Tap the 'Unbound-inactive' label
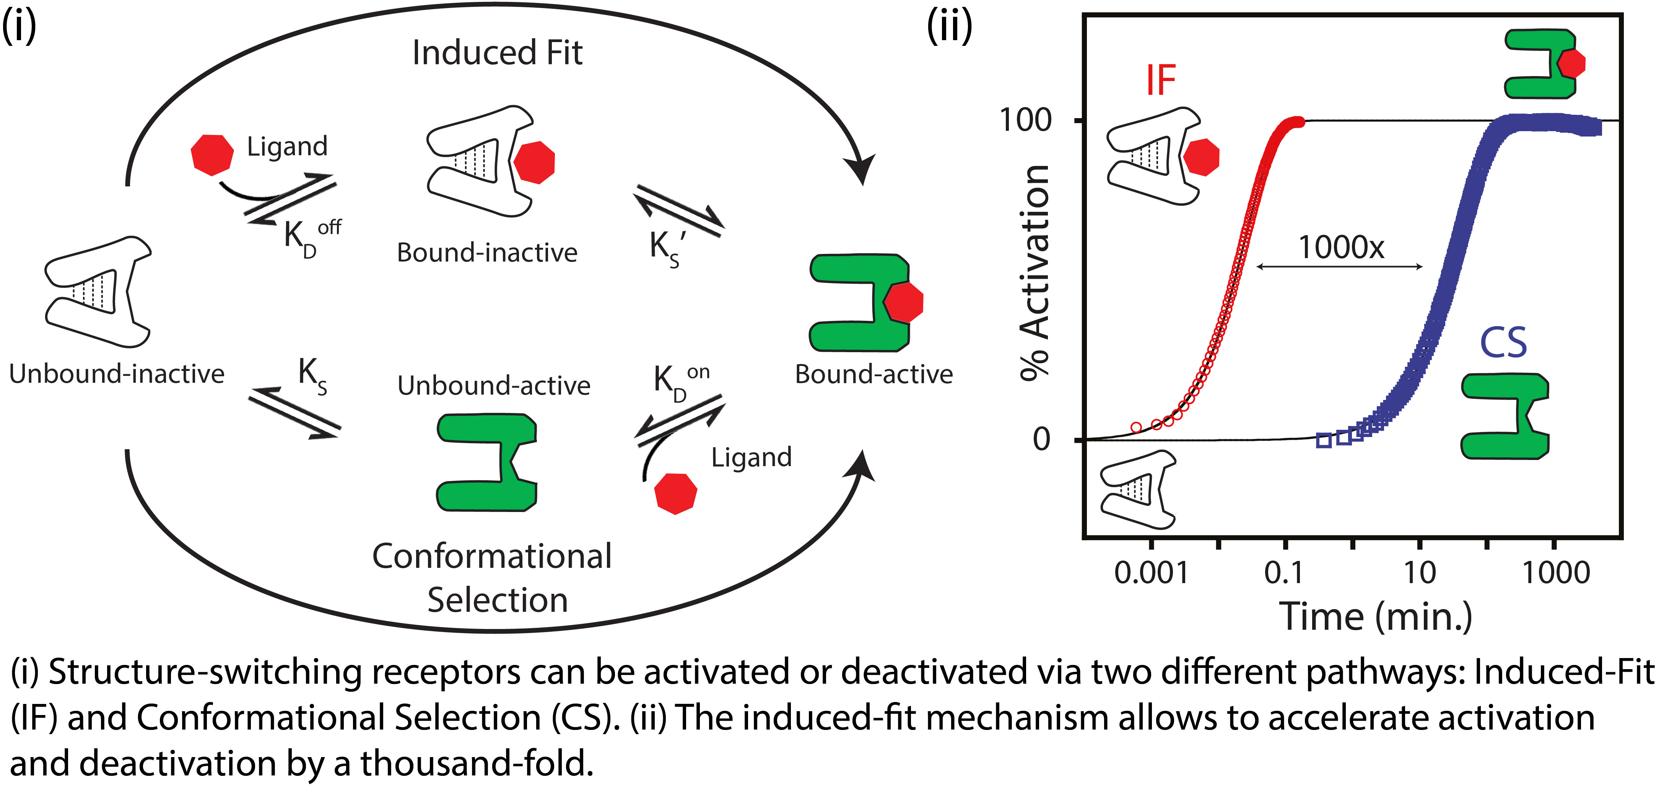pos(117,374)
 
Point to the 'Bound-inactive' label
pos(487,253)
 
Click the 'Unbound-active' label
pos(493,386)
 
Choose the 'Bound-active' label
pos(873,375)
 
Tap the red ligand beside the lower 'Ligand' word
pos(676,494)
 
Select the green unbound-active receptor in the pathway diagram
pos(487,463)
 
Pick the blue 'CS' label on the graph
pos(1503,343)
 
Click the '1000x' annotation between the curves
pos(1341,247)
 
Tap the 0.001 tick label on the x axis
pos(1151,573)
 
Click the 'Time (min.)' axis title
pos(1376,617)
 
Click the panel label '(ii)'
pos(950,27)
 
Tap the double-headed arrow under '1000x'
pos(1340,266)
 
